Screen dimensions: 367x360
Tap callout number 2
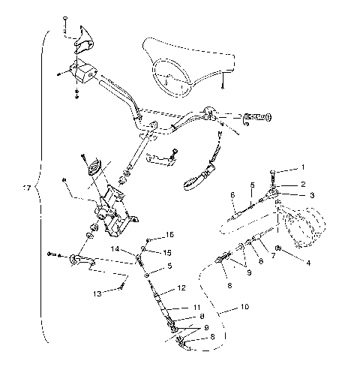pyautogui.click(x=304, y=183)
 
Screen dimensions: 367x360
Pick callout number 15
pyautogui.click(x=169, y=252)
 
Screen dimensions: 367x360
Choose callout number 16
pyautogui.click(x=169, y=234)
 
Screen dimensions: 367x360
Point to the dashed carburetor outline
pyautogui.click(x=304, y=225)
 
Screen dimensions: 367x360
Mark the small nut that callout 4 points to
pyautogui.click(x=279, y=248)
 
